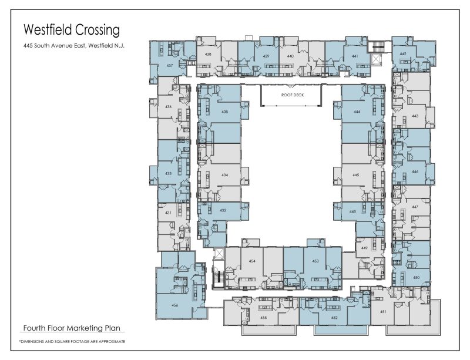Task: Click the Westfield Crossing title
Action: click(x=70, y=29)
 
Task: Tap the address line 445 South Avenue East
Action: click(x=75, y=46)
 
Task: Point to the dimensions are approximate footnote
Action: click(x=72, y=341)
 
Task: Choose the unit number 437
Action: click(x=169, y=65)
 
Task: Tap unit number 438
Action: click(x=208, y=54)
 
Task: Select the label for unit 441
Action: click(x=355, y=56)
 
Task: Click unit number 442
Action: click(x=403, y=54)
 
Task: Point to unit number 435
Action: click(x=224, y=111)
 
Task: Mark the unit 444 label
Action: click(x=357, y=111)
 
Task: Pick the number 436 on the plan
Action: click(x=168, y=107)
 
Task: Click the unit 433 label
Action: click(x=168, y=173)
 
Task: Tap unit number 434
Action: click(x=224, y=175)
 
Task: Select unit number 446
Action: click(x=415, y=172)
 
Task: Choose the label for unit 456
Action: click(x=174, y=305)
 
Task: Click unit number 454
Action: click(x=252, y=261)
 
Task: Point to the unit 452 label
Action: click(x=334, y=318)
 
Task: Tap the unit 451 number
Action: click(x=382, y=312)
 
